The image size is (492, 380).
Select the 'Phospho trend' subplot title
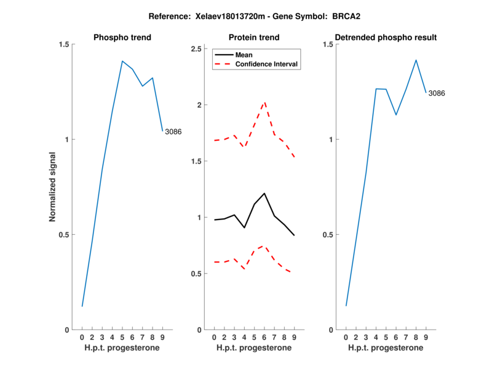122,38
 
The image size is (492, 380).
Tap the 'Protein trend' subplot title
254,38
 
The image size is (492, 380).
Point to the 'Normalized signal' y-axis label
53,187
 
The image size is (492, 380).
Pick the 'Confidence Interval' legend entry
268,64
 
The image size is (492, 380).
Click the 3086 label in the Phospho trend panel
173,132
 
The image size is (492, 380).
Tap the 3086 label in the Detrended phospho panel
437,93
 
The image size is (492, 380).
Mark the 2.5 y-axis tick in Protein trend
197,49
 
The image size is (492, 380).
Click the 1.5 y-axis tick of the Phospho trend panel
64,44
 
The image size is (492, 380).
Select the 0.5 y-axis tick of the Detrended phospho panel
328,235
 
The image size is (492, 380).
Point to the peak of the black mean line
264,193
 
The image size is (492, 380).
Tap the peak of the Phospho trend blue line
122,61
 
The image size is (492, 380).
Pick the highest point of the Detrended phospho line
416,60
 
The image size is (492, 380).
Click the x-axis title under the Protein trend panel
254,348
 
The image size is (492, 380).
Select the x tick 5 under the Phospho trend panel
122,338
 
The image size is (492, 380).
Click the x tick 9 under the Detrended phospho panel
426,338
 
